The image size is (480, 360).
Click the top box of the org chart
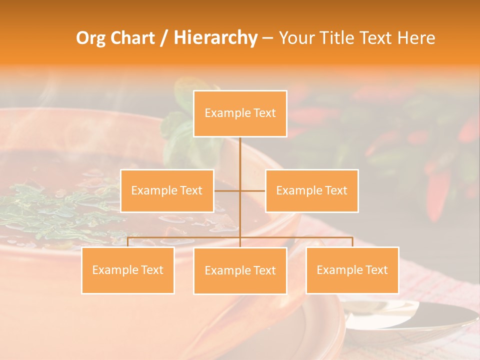click(240, 113)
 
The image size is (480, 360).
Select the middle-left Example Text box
click(167, 190)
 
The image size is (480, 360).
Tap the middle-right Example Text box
click(311, 190)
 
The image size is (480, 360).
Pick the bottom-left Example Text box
click(127, 270)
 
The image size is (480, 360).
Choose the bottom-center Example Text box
click(240, 270)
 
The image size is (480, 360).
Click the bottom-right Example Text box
click(352, 270)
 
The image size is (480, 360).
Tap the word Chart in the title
click(133, 38)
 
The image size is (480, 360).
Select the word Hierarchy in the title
click(215, 38)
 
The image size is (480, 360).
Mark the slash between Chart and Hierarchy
click(164, 38)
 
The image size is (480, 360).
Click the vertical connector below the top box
click(240, 155)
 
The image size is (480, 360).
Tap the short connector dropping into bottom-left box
click(127, 242)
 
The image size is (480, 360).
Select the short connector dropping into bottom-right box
click(352, 242)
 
